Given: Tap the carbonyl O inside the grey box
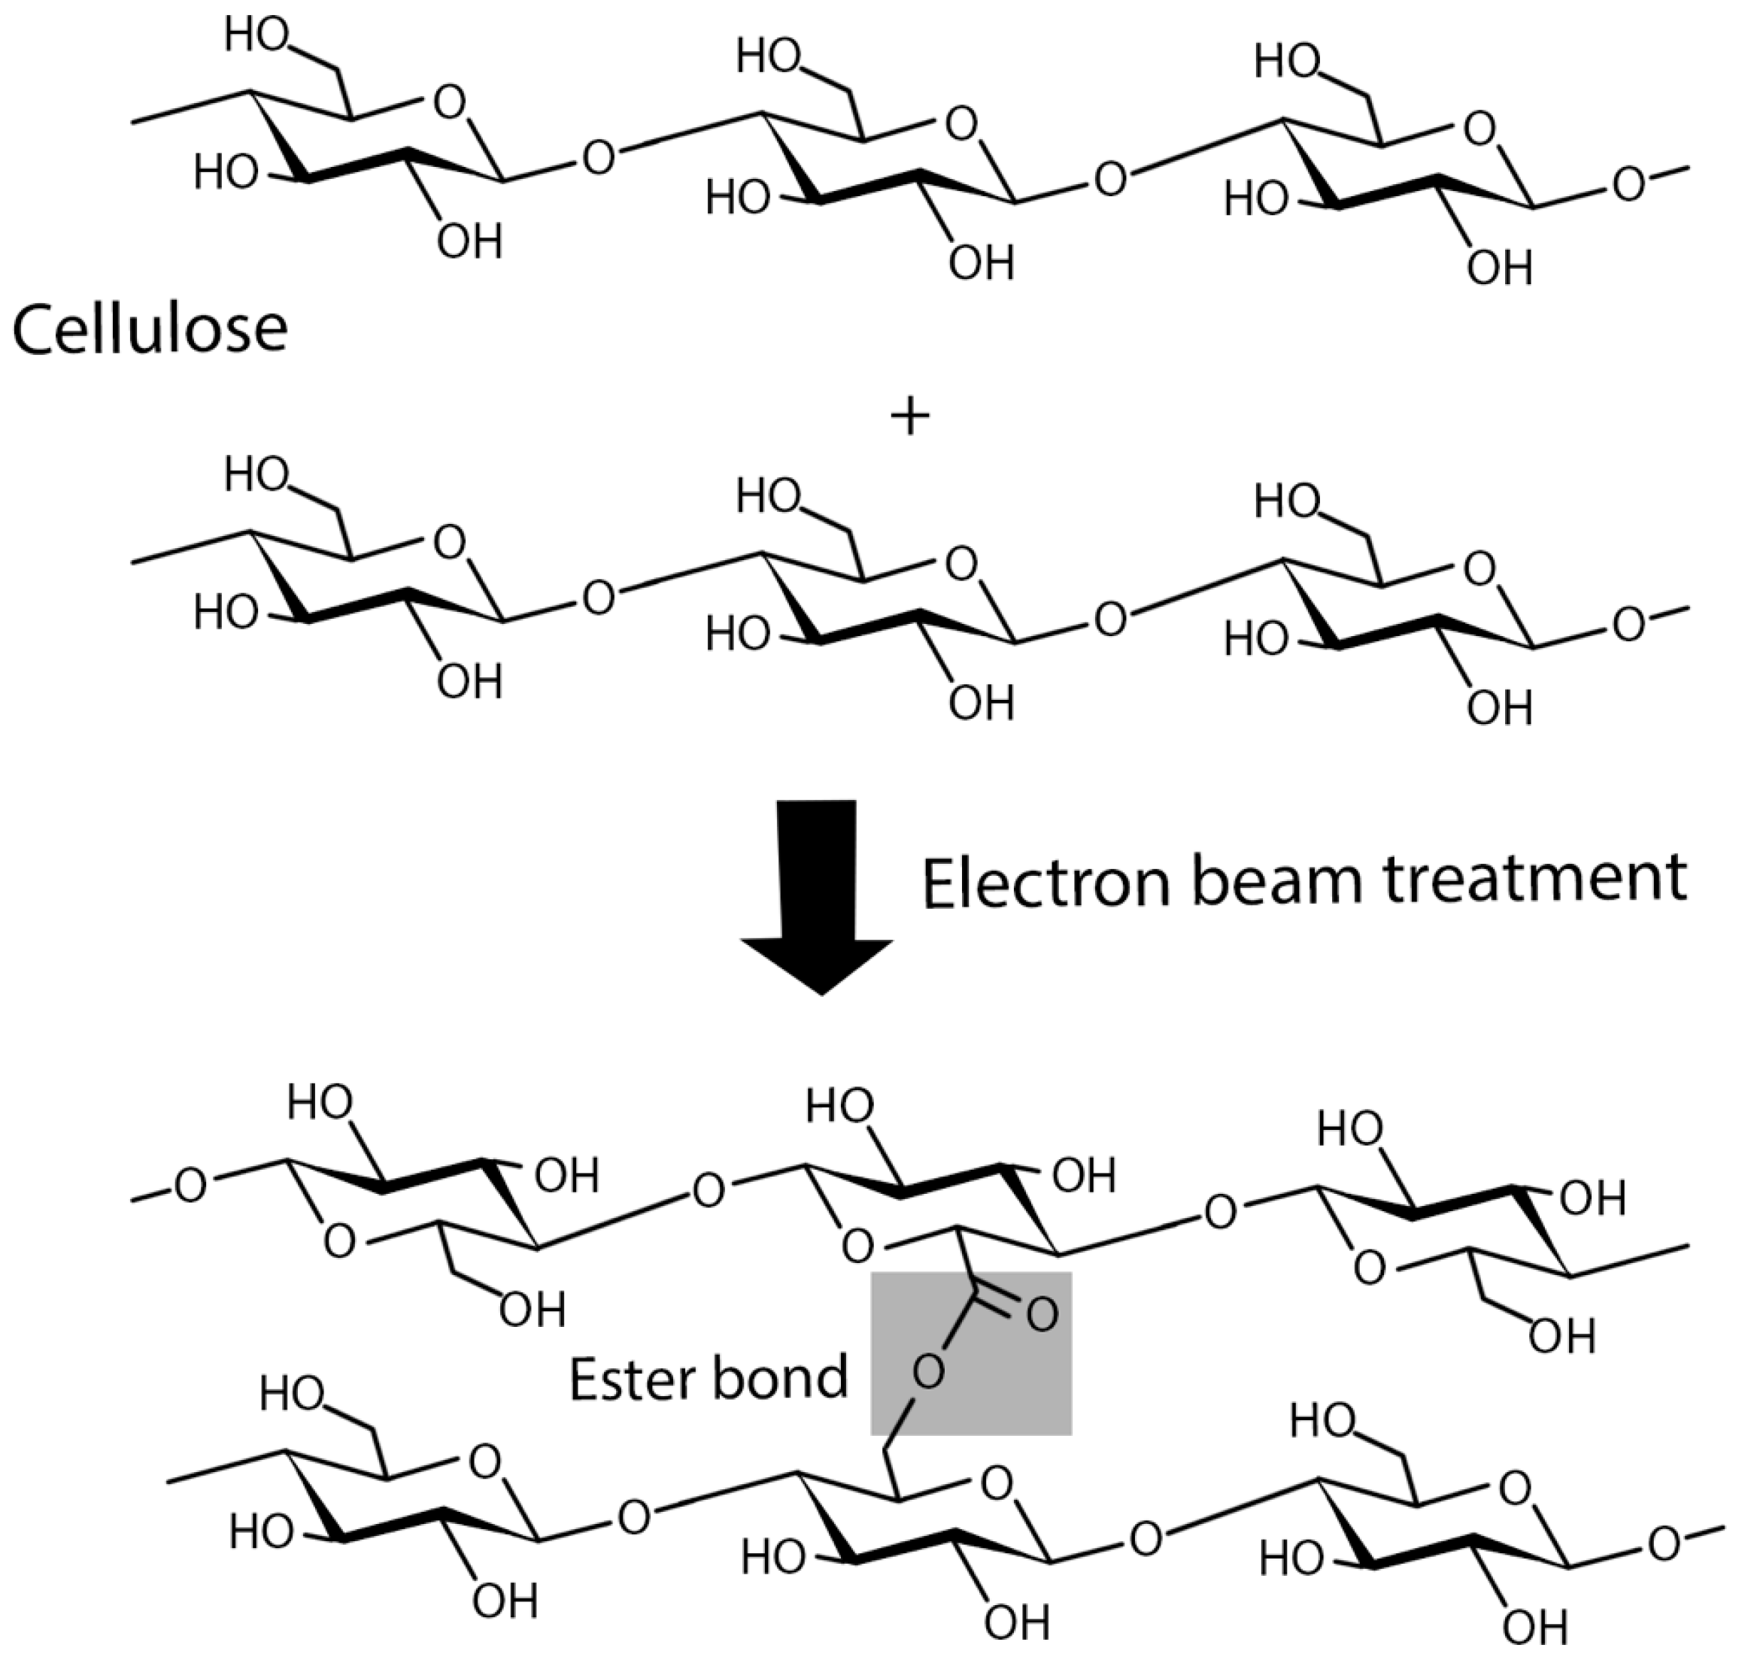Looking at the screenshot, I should coord(1041,1315).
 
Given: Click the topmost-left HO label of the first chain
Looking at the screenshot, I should coord(256,36).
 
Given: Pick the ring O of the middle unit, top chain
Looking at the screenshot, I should coord(961,125).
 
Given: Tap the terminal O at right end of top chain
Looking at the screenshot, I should coord(1628,185).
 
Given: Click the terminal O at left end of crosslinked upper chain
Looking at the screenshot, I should coord(190,1186).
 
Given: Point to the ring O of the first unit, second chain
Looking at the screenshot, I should coord(450,542).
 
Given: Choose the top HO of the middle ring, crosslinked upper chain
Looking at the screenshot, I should coord(840,1106).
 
